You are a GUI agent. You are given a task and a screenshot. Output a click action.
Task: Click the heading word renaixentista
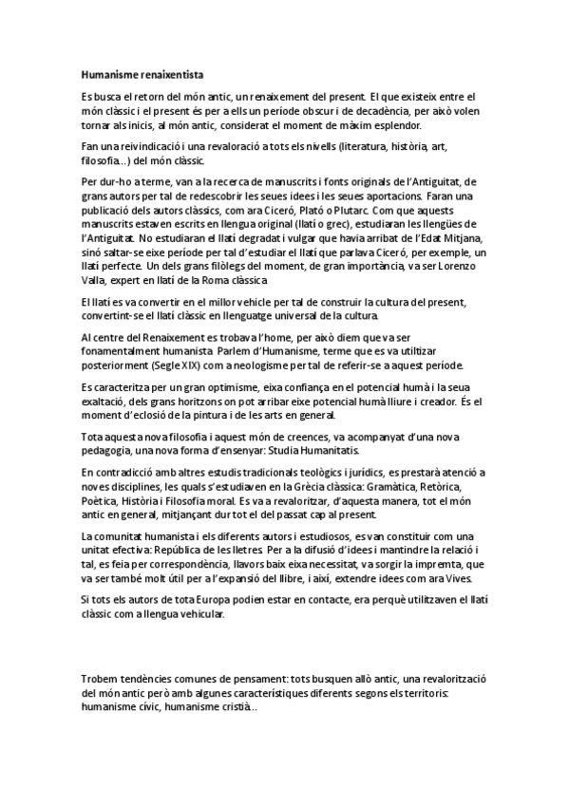[x=167, y=73]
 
